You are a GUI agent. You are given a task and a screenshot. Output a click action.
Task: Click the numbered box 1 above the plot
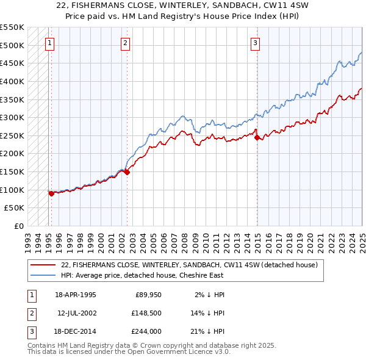click(x=49, y=43)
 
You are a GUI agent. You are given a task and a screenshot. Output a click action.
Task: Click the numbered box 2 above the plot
click(x=124, y=43)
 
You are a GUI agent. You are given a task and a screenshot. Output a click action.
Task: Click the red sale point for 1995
click(x=51, y=193)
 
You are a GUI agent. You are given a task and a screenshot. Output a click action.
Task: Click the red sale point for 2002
click(x=127, y=172)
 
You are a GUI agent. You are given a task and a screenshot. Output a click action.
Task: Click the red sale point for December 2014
click(x=257, y=137)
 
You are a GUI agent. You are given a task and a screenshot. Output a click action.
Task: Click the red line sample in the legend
click(x=43, y=265)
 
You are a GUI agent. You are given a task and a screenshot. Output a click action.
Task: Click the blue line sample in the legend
click(x=43, y=275)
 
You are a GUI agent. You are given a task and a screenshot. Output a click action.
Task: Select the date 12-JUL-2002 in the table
click(x=77, y=313)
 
